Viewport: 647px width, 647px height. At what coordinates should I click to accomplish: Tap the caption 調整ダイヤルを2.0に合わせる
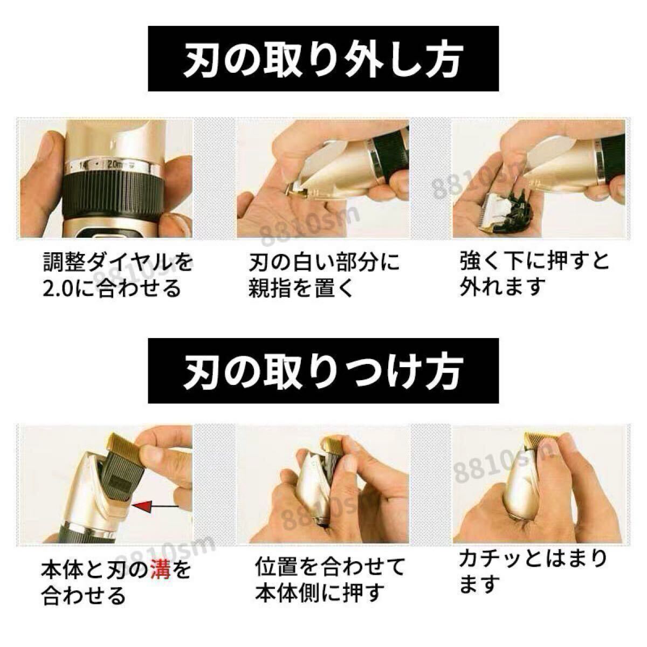point(118,276)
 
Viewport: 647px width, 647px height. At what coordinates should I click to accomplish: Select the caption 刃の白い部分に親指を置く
point(323,276)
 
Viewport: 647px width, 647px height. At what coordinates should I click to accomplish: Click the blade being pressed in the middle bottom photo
point(329,453)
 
